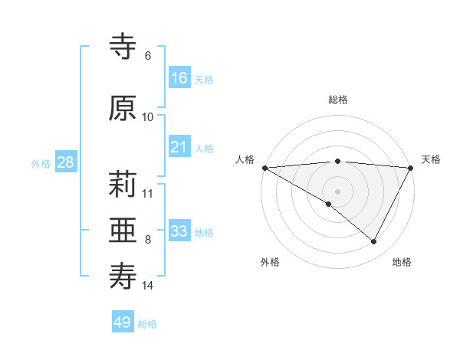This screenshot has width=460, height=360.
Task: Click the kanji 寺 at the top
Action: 123,47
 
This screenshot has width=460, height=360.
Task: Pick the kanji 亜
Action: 123,231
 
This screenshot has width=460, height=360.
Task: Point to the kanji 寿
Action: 123,276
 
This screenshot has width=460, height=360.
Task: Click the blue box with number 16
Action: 179,78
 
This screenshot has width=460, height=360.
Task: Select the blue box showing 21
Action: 179,147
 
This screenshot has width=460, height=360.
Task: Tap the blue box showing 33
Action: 179,231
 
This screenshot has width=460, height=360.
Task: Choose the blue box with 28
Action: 64,162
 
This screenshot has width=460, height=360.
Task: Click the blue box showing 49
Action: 123,322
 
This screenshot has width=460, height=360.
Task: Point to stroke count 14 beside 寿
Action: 148,286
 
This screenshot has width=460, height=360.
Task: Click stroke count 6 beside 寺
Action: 148,56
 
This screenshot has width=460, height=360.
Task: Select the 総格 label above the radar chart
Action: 338,100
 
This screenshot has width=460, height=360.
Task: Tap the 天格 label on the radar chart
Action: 431,159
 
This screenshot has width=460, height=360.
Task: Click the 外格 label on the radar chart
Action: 270,263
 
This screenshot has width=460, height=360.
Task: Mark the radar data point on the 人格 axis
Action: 264,167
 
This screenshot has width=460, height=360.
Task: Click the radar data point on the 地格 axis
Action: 374,242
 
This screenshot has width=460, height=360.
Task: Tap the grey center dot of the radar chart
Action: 337,191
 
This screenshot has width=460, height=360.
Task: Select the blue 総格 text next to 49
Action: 147,324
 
